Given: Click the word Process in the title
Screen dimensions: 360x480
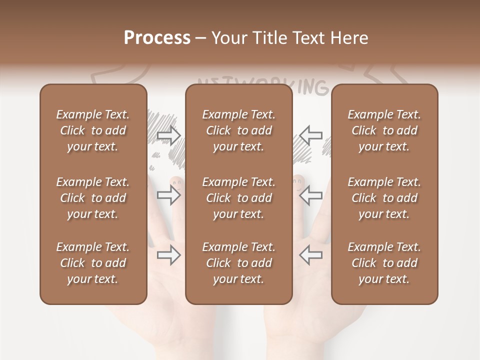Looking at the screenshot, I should click(x=157, y=38).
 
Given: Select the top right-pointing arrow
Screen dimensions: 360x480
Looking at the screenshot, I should click(x=169, y=135).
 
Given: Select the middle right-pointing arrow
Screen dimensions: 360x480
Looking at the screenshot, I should click(x=169, y=195).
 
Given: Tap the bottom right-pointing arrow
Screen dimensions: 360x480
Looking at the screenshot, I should click(x=169, y=255).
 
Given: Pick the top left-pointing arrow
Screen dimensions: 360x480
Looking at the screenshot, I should click(x=310, y=135).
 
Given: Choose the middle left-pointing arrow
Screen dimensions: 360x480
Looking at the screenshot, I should click(x=310, y=195).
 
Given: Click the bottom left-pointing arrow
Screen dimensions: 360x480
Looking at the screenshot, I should click(x=310, y=255).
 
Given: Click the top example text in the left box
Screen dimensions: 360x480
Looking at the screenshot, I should click(x=93, y=130).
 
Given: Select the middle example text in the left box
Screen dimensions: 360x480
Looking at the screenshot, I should click(x=93, y=198).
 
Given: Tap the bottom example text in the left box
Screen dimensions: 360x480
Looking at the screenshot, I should click(x=93, y=263).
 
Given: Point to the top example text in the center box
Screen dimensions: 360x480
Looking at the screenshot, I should click(x=238, y=130).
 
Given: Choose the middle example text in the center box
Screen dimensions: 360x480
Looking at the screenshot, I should click(x=238, y=198).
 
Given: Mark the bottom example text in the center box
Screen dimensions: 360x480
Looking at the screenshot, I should click(x=238, y=263).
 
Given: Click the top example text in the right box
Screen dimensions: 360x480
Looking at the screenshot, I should click(x=384, y=130).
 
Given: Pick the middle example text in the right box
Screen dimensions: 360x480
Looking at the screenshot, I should click(x=384, y=198).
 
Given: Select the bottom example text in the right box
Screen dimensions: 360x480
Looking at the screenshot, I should click(x=384, y=263).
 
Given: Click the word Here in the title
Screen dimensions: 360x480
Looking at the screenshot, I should click(x=349, y=38).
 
